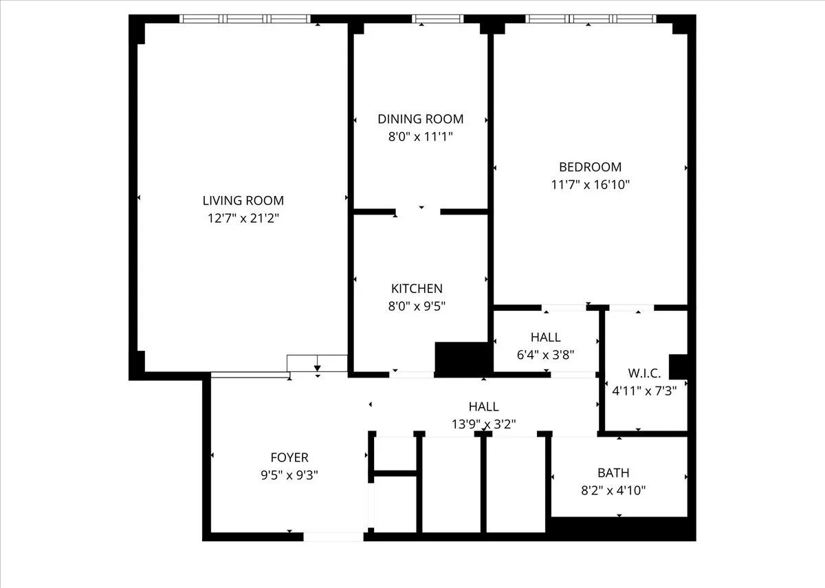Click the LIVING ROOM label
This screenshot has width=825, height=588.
coord(243,201)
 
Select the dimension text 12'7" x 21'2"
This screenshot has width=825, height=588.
coord(243,219)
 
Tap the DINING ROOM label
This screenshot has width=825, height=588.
coord(420,119)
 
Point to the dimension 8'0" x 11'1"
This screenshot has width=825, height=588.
coord(420,137)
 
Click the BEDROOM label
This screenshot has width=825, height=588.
coord(590,167)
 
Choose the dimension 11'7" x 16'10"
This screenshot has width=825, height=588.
coord(590,185)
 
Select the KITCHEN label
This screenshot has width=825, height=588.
coord(417,289)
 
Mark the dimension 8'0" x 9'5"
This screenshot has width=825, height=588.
coord(417,307)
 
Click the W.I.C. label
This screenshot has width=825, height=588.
coord(644,373)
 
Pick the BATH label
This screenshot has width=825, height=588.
coord(613,473)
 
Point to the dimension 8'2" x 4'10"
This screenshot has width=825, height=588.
coord(613,491)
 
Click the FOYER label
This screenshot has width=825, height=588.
coord(289,457)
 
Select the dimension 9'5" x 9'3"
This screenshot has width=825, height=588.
coord(289,475)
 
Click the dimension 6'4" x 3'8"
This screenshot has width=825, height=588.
coord(545,355)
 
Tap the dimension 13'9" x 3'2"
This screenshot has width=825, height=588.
coord(483,424)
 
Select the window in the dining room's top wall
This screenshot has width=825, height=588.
coord(438,19)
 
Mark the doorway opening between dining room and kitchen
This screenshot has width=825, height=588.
coord(418,212)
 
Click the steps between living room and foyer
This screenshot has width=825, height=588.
coord(317,363)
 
